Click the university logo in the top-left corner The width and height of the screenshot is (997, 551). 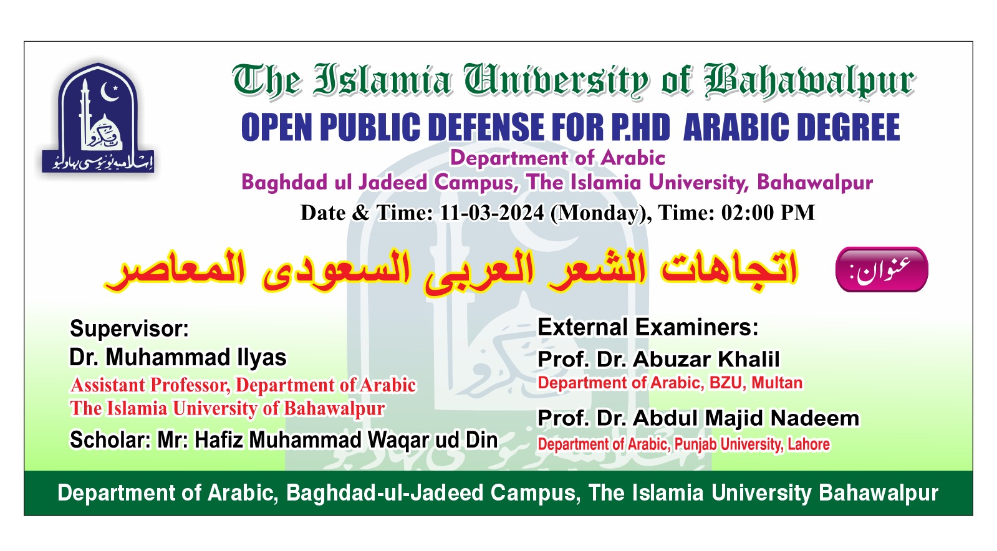pos(98,118)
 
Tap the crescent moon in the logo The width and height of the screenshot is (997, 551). pos(108,92)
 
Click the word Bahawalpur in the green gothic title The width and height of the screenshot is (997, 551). pos(809,81)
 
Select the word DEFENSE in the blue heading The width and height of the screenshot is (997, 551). pos(489,127)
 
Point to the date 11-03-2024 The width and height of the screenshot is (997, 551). pos(491,213)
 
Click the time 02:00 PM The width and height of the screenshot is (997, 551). pos(768,213)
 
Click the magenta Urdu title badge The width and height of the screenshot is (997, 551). pos(882,269)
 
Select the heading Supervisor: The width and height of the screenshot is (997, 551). pos(130,329)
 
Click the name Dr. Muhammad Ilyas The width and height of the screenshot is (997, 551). pos(178,357)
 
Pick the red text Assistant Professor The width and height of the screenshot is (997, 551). pos(150,385)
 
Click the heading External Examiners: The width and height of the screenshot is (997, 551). pos(648,327)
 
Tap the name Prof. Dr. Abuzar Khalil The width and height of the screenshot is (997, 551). pos(658,359)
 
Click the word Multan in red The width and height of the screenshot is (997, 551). pos(777,383)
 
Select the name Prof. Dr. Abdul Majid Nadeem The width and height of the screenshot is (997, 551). pos(698,418)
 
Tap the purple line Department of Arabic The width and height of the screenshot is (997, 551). pos(557,158)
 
